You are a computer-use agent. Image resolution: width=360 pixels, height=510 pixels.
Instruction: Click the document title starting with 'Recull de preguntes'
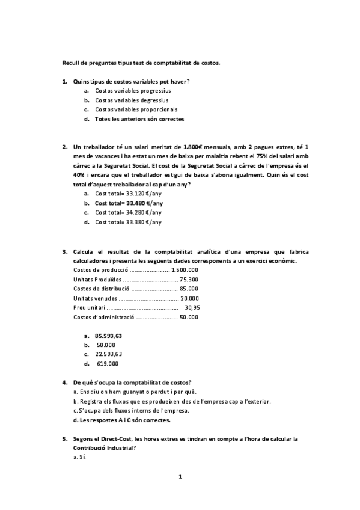point(142,62)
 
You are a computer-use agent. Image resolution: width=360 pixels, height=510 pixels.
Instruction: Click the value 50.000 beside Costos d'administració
point(189,317)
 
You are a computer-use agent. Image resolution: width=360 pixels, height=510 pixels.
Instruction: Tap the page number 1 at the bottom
point(180,477)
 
